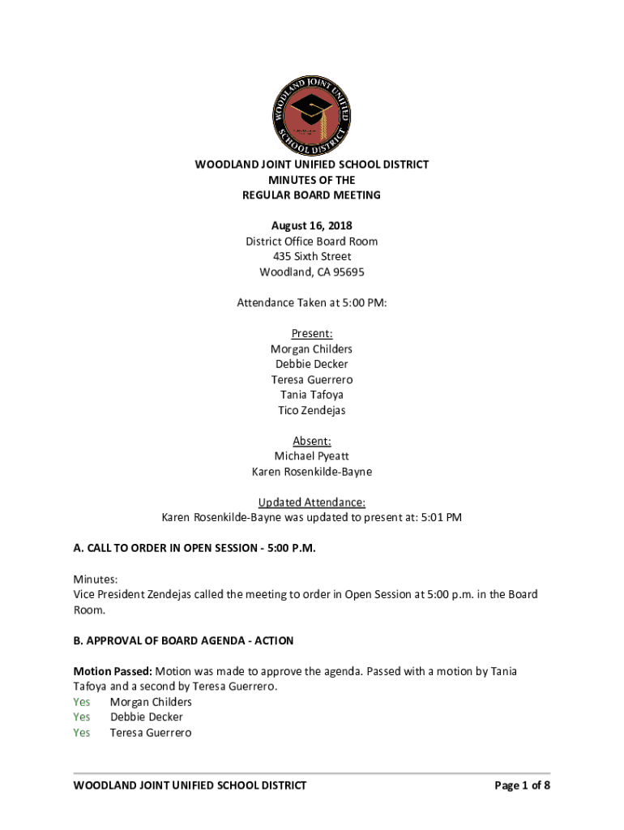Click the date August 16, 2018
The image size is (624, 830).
pyautogui.click(x=312, y=226)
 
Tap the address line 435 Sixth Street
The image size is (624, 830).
pyautogui.click(x=312, y=257)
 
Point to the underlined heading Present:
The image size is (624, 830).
pyautogui.click(x=312, y=333)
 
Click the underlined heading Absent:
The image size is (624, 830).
pyautogui.click(x=312, y=441)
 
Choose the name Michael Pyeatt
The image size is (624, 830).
pyautogui.click(x=312, y=456)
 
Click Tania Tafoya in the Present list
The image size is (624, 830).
pyautogui.click(x=312, y=395)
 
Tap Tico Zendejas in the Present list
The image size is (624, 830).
pyautogui.click(x=312, y=410)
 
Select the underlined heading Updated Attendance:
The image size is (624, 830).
pyautogui.click(x=312, y=503)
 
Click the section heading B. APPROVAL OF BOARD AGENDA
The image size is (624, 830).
pyautogui.click(x=184, y=641)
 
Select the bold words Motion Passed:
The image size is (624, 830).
pyautogui.click(x=113, y=672)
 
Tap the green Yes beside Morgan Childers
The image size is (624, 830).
pyautogui.click(x=82, y=702)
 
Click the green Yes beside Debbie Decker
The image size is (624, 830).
pyautogui.click(x=82, y=717)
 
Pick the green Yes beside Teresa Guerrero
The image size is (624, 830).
pyautogui.click(x=82, y=733)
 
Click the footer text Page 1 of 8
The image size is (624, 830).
pyautogui.click(x=523, y=785)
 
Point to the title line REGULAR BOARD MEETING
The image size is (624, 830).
pyautogui.click(x=312, y=195)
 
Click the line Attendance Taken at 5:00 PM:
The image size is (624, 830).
pyautogui.click(x=312, y=303)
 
